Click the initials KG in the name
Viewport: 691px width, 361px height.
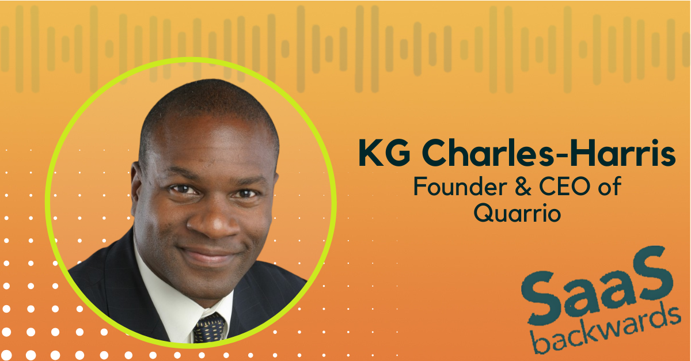click(x=385, y=153)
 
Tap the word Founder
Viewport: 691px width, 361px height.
click(x=460, y=186)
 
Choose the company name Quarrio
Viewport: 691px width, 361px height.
click(x=517, y=212)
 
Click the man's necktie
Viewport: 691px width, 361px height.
click(x=210, y=328)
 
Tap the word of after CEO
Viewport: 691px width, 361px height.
click(x=610, y=186)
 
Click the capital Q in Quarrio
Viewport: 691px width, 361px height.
click(x=484, y=212)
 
